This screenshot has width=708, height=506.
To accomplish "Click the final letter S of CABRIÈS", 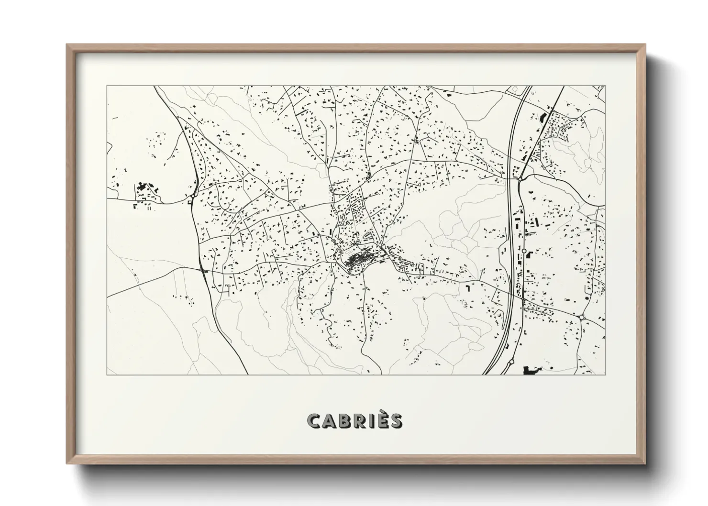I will [x=397, y=420].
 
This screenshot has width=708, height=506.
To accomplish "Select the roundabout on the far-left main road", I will [x=192, y=196].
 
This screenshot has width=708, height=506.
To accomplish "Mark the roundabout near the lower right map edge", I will [x=581, y=317].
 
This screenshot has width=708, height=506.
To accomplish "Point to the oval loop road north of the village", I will [x=368, y=236].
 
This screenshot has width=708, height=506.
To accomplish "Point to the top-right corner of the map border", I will [x=605, y=86].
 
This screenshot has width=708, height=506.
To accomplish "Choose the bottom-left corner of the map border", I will [x=107, y=374].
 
